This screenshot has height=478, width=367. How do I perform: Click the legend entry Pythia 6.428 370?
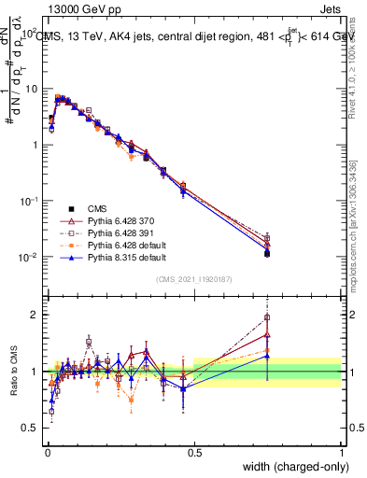click(x=126, y=219)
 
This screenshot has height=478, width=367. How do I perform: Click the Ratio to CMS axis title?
click(x=16, y=381)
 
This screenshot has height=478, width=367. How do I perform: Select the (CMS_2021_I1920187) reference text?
click(x=194, y=279)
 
